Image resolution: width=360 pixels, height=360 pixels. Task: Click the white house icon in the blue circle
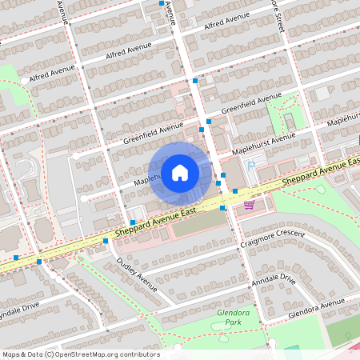click(x=180, y=172)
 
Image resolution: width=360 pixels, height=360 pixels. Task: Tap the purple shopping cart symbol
click(x=249, y=205)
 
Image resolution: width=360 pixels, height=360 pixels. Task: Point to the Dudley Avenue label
click(x=137, y=274)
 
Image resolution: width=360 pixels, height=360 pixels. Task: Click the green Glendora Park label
click(x=233, y=318)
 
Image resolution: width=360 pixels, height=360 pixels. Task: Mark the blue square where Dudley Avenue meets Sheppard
click(x=106, y=240)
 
